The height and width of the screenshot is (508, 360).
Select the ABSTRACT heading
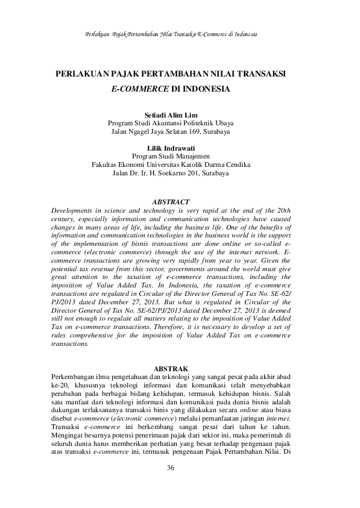171,201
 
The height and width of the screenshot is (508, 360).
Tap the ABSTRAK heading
172,368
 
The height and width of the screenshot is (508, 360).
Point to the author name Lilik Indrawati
172,148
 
